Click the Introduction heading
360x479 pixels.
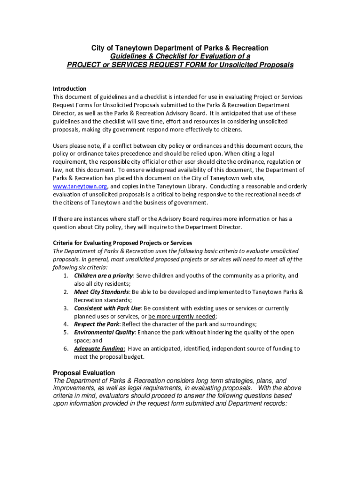[x=69, y=89]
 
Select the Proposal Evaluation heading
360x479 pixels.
[x=84, y=373]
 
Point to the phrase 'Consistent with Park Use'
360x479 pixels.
[x=107, y=308]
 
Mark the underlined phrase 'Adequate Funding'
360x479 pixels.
[x=99, y=349]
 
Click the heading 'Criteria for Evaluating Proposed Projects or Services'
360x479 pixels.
[x=122, y=243]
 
